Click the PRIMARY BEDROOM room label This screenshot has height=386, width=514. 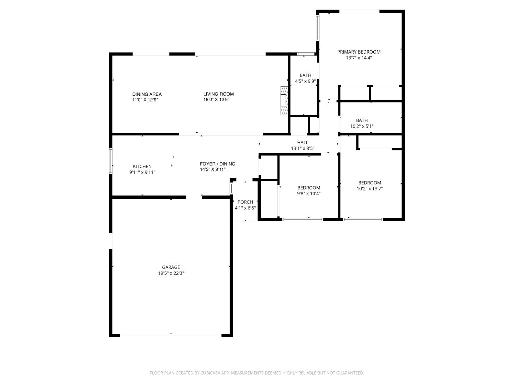pyautogui.click(x=359, y=52)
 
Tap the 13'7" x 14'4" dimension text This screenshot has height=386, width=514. pyautogui.click(x=359, y=58)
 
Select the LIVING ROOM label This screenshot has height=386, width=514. pyautogui.click(x=218, y=94)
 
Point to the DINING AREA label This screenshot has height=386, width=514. pyautogui.click(x=147, y=94)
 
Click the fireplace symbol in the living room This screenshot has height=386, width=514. pyautogui.click(x=284, y=101)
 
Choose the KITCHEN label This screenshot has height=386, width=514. pyautogui.click(x=142, y=166)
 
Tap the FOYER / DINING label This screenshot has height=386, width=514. pyautogui.click(x=217, y=164)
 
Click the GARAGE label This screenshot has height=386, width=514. pyautogui.click(x=171, y=267)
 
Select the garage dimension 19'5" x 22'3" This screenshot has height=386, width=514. pyautogui.click(x=171, y=273)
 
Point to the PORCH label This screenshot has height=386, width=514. pyautogui.click(x=245, y=202)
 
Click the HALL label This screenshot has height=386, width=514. pyautogui.click(x=302, y=142)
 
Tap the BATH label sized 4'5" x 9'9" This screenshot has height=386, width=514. pyautogui.click(x=305, y=75)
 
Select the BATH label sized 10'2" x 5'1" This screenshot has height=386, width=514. pyautogui.click(x=362, y=120)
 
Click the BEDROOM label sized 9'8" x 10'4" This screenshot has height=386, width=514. pyautogui.click(x=309, y=188)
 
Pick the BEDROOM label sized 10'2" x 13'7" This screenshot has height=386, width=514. pyautogui.click(x=369, y=183)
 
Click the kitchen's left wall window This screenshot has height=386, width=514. pyautogui.click(x=111, y=161)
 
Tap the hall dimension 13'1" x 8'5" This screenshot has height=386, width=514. pyautogui.click(x=302, y=148)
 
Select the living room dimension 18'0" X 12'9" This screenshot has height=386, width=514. pyautogui.click(x=216, y=100)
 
